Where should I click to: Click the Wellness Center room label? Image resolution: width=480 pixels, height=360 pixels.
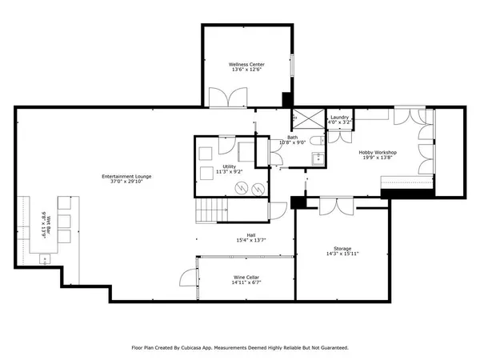click(246, 65)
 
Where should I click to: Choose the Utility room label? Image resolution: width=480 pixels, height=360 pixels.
click(229, 166)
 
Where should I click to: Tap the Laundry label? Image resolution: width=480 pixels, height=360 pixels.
click(339, 118)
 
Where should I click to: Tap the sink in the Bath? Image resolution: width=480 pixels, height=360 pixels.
click(317, 158)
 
